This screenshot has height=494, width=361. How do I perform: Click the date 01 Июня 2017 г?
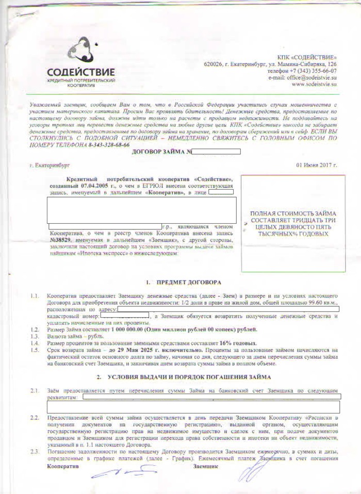[316, 166]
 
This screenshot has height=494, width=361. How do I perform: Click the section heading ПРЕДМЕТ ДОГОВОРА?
[187, 283]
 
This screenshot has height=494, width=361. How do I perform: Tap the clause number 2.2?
[35, 417]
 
